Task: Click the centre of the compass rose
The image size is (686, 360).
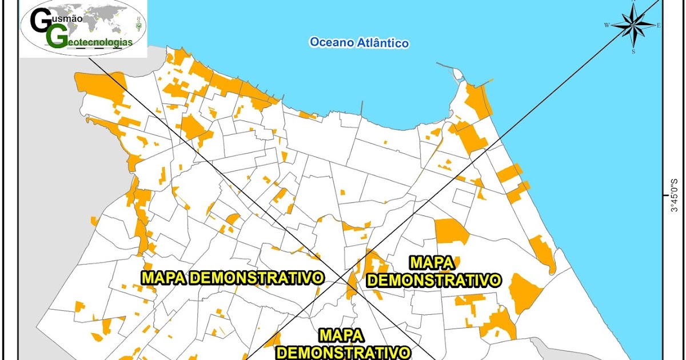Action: point(634,25)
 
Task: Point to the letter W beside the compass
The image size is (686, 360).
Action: point(607,25)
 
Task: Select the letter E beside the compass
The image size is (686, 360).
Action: point(659,25)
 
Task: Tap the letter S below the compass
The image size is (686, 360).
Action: point(634,51)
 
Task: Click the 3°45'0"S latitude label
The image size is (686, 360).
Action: point(675,194)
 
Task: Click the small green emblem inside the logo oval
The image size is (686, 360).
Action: point(137,25)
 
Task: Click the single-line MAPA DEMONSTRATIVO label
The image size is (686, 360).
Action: point(233,278)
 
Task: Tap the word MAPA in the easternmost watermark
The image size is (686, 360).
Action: point(433,263)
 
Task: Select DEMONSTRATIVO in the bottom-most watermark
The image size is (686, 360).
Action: point(346,351)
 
